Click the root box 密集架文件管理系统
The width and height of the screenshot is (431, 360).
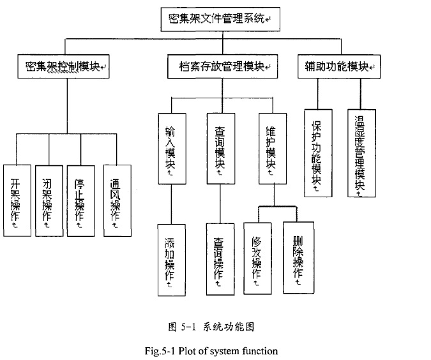[216, 19]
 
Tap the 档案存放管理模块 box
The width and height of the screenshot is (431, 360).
[220, 66]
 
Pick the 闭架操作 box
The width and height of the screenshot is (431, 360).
[49, 200]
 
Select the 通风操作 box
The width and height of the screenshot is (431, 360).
[117, 200]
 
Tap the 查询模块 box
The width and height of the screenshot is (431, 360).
[220, 148]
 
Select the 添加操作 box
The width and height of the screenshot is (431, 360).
[171, 259]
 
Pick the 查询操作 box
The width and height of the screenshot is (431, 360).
[220, 259]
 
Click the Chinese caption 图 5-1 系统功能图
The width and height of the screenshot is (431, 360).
[211, 327]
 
